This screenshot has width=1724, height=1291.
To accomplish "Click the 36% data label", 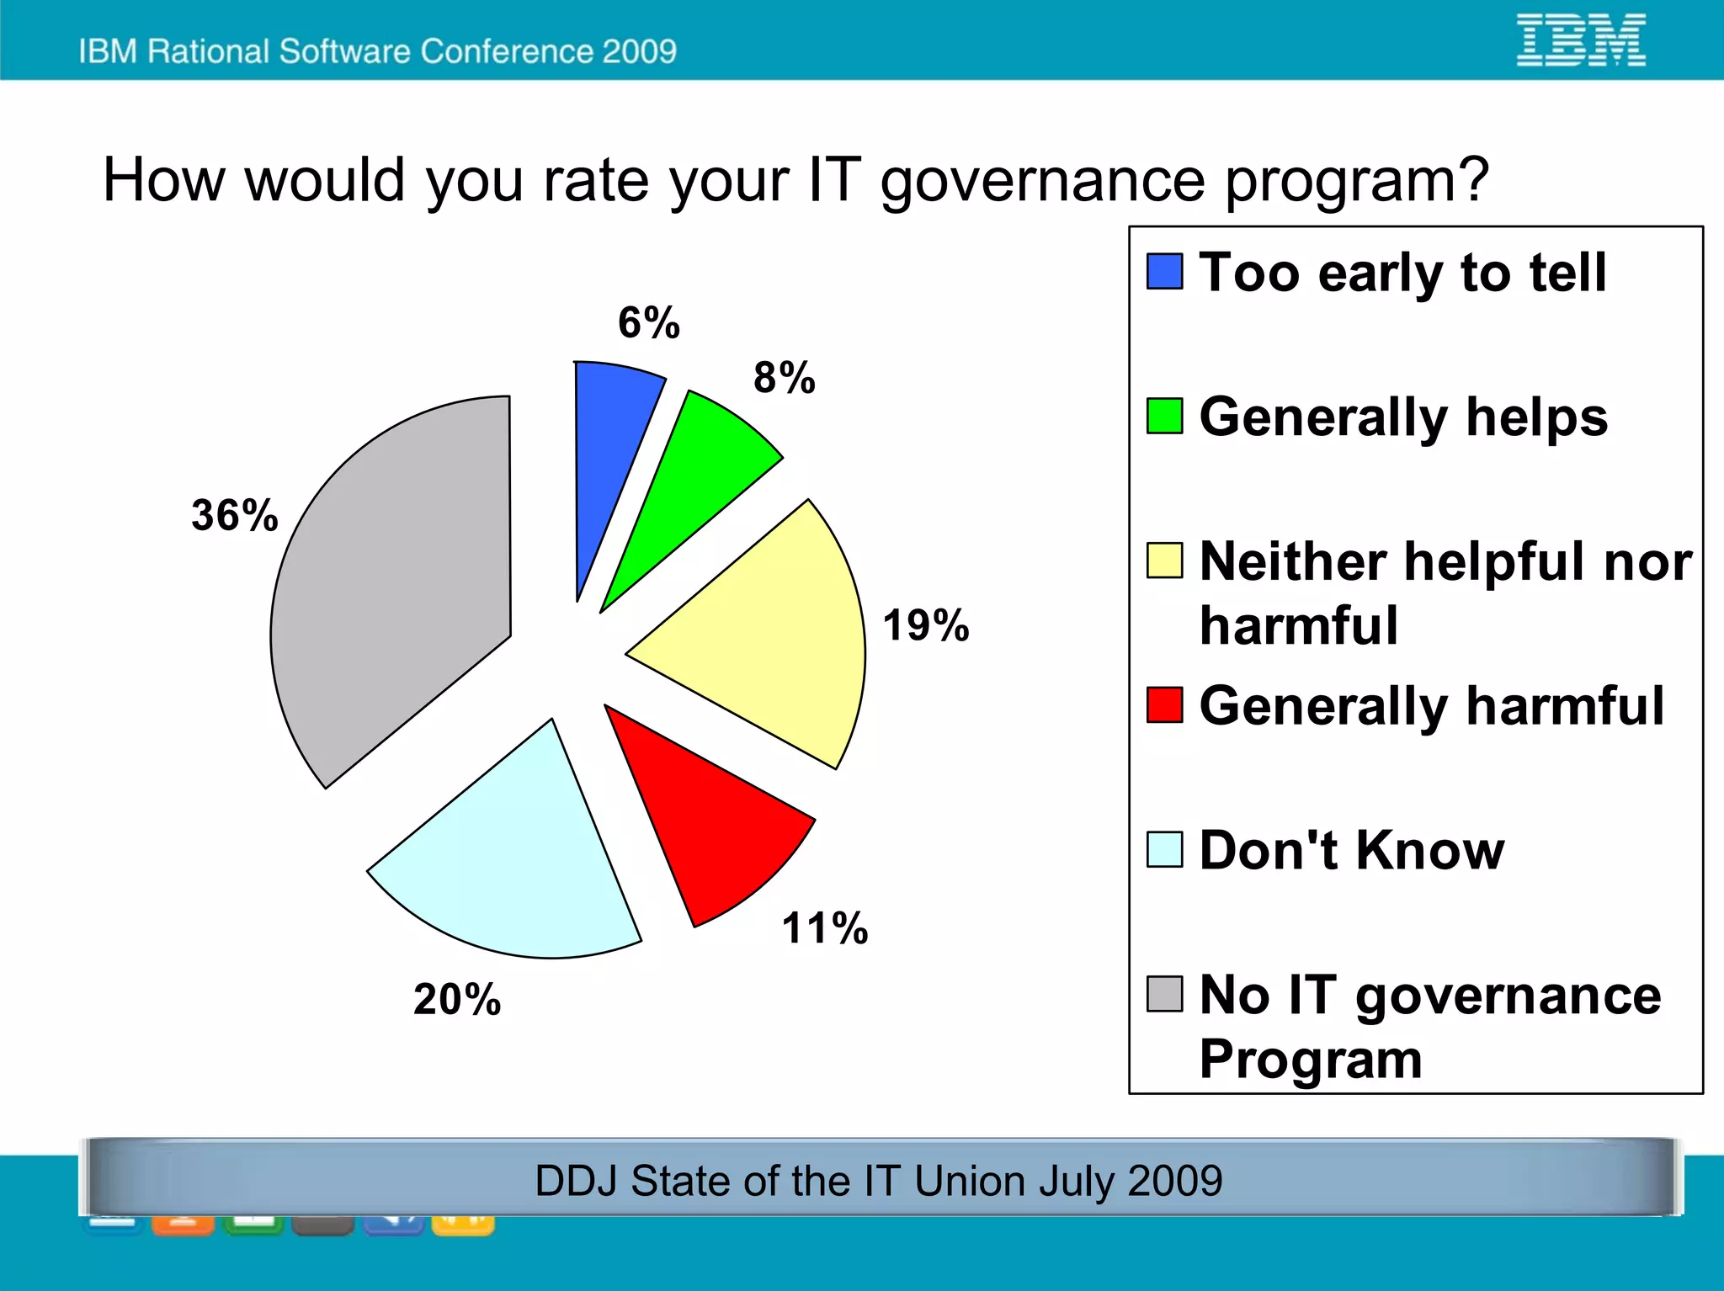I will tap(234, 515).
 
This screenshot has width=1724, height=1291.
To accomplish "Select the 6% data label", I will tap(648, 322).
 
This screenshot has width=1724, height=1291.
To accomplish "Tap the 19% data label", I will tap(925, 625).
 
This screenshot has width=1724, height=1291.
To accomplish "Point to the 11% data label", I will tap(824, 928).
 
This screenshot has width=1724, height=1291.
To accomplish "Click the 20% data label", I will tap(456, 1000).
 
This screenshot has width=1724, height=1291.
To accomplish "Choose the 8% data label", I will tap(784, 377).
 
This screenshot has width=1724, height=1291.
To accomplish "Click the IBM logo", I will tap(1580, 40).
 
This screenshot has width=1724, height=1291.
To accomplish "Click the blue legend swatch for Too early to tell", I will tap(1164, 271).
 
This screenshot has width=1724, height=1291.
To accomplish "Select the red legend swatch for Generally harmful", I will tap(1164, 704).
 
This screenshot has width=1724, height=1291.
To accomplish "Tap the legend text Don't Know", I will tap(1351, 850).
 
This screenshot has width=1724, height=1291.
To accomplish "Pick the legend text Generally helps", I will tap(1403, 417).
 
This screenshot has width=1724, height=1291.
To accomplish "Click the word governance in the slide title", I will tap(1044, 181).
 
